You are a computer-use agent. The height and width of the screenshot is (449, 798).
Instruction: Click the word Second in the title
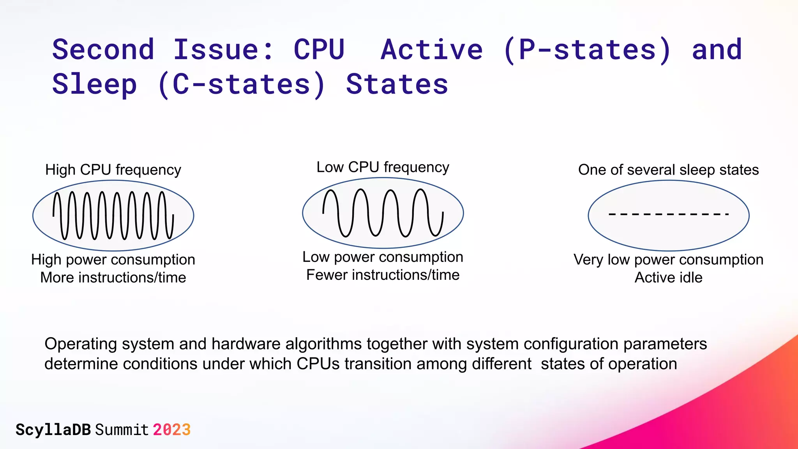pos(103,50)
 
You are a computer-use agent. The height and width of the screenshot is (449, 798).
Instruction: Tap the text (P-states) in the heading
pos(588,50)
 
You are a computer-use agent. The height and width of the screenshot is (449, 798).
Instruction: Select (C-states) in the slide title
pos(242,85)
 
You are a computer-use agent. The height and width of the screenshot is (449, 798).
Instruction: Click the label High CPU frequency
pos(113,170)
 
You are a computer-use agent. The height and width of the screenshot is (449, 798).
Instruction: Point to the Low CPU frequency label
pos(383,167)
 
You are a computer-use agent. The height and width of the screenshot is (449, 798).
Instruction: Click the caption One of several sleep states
pos(668,170)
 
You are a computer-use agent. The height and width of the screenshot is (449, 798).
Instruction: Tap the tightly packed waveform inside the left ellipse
pos(113,215)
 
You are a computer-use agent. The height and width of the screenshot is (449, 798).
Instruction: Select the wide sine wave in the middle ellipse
pos(383,213)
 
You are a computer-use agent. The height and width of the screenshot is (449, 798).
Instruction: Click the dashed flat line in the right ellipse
pos(668,214)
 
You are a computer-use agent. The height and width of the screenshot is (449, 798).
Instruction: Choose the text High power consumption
pos(113,260)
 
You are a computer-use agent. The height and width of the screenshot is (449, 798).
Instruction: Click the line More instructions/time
pos(113,278)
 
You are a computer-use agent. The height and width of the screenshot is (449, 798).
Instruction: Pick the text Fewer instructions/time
pos(383,275)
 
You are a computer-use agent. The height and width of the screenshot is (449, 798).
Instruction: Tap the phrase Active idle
pos(668,278)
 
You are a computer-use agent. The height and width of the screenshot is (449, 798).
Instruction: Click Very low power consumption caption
pos(668,260)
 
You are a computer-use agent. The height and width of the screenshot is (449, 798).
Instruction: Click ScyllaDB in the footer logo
pos(53,430)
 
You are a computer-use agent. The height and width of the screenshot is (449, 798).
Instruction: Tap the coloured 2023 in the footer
pos(171,430)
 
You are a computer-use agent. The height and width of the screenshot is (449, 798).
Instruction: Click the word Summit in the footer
pos(122,430)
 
